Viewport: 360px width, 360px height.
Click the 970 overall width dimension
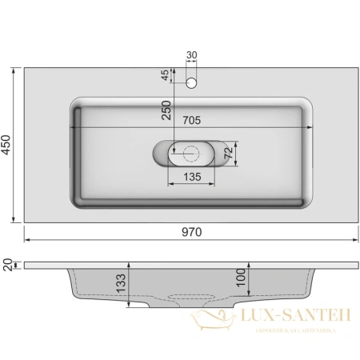click(x=191, y=231)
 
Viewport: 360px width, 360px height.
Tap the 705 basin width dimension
click(x=190, y=121)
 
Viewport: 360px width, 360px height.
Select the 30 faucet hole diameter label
click(x=190, y=55)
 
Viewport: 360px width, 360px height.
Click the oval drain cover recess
click(x=173, y=152)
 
